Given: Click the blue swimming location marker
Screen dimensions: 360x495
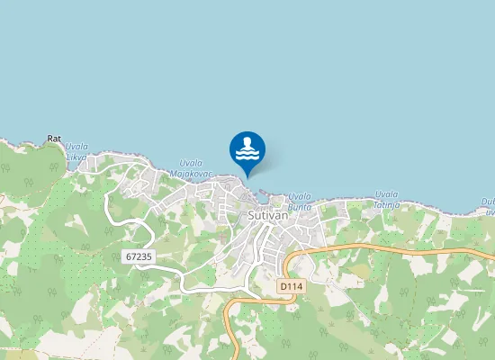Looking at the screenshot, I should (247, 151).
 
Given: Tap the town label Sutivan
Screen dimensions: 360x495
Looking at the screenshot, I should (265, 217).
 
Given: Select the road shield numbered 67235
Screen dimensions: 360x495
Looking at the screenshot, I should (139, 256).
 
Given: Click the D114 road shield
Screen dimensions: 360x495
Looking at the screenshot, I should (289, 285).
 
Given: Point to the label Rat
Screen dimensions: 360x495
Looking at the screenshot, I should (54, 139).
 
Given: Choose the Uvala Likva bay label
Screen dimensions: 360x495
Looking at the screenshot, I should (76, 152).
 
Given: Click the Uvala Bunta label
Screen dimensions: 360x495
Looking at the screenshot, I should (300, 200).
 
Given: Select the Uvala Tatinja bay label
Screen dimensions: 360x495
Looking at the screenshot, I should (387, 199).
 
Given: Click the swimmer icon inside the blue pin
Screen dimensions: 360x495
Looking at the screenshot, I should (247, 148).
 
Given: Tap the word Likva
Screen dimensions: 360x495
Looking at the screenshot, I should (76, 157).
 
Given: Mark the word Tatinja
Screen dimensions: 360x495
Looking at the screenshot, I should (387, 204).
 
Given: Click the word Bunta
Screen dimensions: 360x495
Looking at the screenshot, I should (300, 205).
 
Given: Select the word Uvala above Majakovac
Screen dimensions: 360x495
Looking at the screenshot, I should (191, 162).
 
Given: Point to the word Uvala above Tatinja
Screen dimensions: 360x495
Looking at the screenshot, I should (387, 193).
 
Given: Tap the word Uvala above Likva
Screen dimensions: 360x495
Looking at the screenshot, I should (77, 147).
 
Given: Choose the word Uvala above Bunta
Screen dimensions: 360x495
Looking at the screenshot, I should (300, 195).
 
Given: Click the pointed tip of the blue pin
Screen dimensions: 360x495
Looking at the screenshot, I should (247, 175).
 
